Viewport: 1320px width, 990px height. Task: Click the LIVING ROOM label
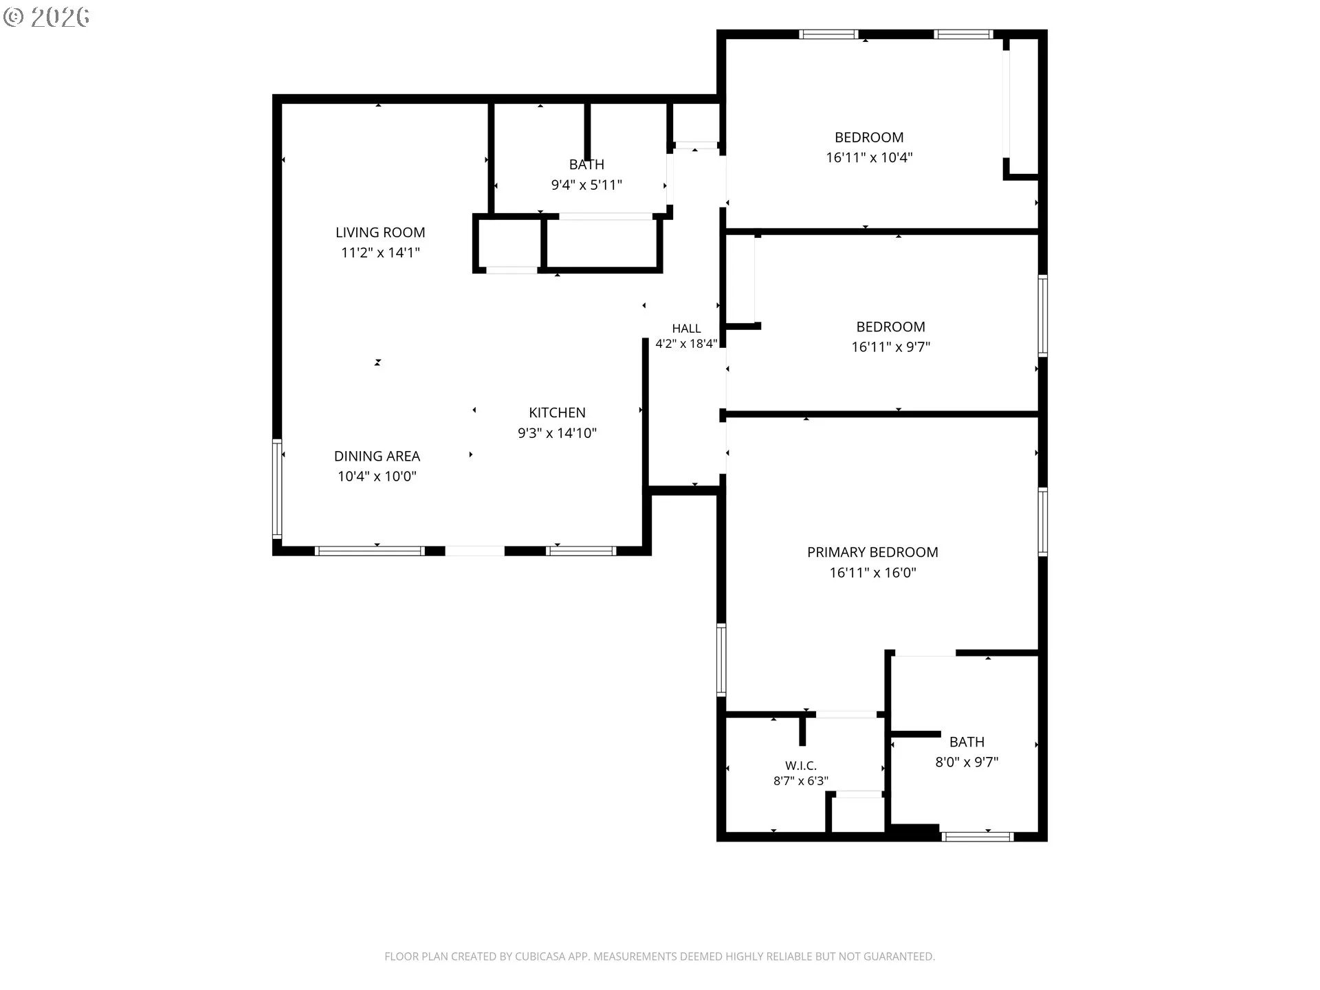click(380, 232)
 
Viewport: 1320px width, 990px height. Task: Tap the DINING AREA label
click(377, 456)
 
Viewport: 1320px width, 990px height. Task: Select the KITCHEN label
click(557, 412)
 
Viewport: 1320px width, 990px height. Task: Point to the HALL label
click(686, 329)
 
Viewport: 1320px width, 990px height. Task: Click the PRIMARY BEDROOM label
click(872, 552)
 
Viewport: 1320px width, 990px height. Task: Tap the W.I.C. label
click(801, 765)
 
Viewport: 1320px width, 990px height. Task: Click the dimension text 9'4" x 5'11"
click(586, 184)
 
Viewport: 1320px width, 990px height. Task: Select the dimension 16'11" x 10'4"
click(869, 157)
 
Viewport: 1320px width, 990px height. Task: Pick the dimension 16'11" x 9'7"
click(890, 346)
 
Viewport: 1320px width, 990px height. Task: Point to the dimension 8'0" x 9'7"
click(967, 762)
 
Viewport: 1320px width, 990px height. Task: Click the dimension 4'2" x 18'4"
click(686, 344)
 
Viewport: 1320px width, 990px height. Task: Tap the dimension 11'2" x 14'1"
click(380, 252)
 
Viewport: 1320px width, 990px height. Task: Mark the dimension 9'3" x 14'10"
click(557, 433)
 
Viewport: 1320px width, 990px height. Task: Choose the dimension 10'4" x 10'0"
click(377, 476)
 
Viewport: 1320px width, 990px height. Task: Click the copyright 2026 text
click(47, 17)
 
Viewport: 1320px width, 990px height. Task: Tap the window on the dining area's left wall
click(277, 488)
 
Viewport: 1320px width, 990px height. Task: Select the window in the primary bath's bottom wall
click(977, 837)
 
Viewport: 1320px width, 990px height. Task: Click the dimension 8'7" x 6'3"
click(801, 781)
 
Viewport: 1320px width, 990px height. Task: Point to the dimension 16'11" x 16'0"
click(872, 573)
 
